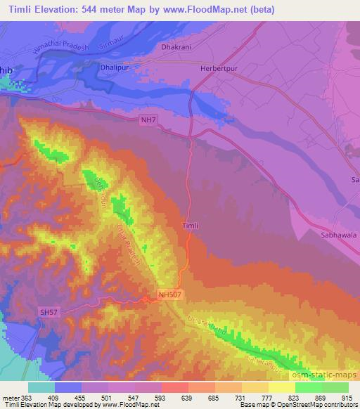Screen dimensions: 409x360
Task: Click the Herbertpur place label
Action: click(218, 62)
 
